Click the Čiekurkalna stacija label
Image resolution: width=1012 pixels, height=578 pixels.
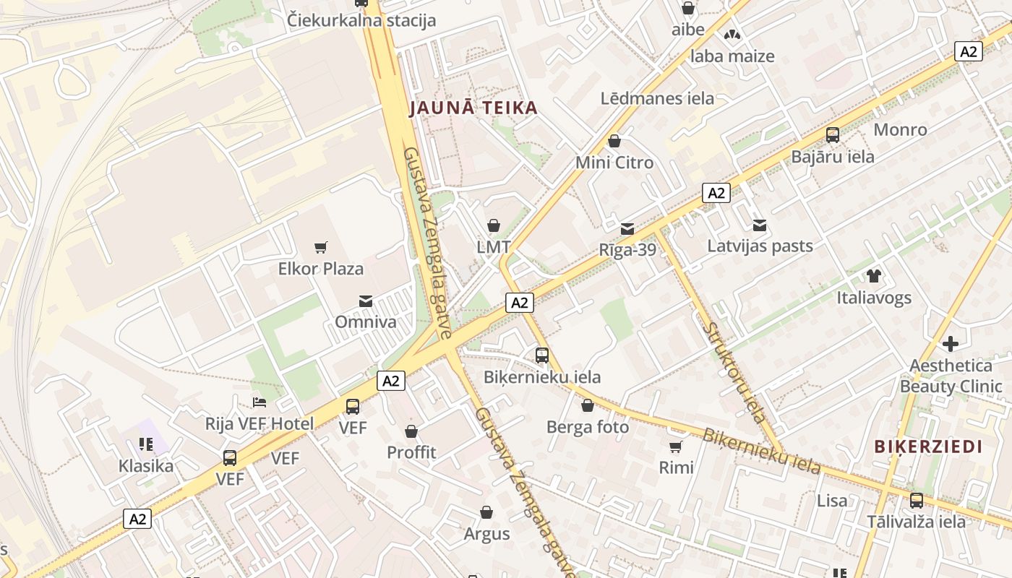tap(361, 20)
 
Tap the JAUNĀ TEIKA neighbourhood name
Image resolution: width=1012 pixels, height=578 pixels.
tap(473, 108)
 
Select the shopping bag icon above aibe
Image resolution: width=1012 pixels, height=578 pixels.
tap(688, 9)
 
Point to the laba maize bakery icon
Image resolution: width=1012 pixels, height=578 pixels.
tap(732, 35)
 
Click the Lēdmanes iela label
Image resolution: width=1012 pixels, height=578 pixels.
tap(657, 98)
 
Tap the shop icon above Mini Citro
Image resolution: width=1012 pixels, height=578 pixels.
tap(614, 141)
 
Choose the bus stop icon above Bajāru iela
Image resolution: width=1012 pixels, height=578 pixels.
tap(833, 134)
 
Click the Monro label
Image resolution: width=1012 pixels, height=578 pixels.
tap(900, 130)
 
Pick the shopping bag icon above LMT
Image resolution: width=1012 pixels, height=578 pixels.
tap(494, 225)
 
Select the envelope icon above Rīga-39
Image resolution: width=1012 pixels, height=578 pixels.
tap(627, 229)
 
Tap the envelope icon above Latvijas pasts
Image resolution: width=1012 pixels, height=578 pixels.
tap(760, 225)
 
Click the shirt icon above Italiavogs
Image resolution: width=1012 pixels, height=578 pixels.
tap(874, 276)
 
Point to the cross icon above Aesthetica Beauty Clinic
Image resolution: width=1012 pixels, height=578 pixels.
tap(951, 344)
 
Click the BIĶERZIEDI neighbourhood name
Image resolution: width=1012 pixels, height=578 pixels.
tap(928, 447)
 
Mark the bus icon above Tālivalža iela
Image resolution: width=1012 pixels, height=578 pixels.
tap(917, 500)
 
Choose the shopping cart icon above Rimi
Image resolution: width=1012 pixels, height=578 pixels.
tap(676, 447)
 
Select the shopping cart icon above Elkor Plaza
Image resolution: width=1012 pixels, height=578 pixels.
tap(321, 248)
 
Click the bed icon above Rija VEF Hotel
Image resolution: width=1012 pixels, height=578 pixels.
tap(260, 402)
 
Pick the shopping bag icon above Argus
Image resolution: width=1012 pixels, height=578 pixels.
tap(486, 513)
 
